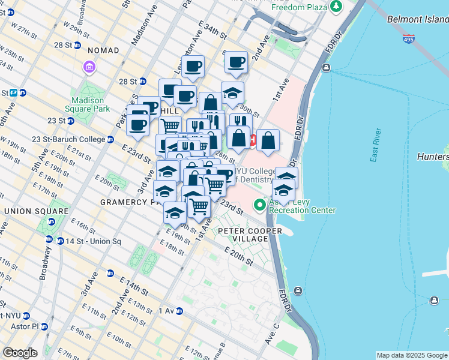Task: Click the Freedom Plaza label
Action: [x=299, y=7]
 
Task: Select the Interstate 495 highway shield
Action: [x=408, y=38]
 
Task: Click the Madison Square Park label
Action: [x=90, y=104]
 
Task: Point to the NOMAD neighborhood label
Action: [x=103, y=52]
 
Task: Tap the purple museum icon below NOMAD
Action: [x=89, y=67]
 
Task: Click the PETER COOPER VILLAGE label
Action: [x=243, y=235]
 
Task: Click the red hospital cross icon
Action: [x=253, y=140]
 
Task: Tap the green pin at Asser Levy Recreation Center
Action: [x=260, y=205]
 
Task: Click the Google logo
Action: [x=19, y=353]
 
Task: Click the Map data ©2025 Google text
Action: [x=412, y=355]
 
